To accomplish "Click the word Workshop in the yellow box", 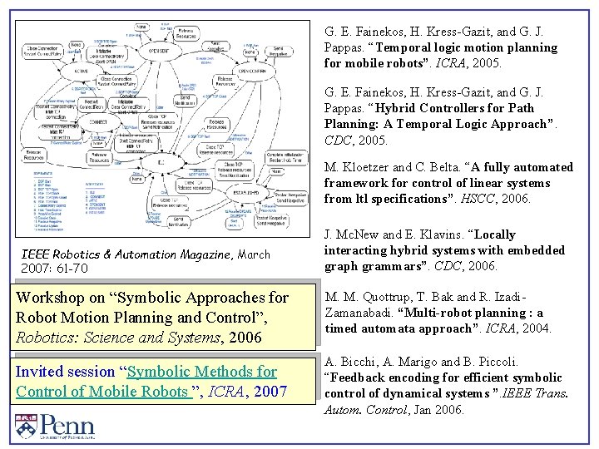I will tap(49, 298).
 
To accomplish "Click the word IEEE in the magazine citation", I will tap(37, 254).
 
